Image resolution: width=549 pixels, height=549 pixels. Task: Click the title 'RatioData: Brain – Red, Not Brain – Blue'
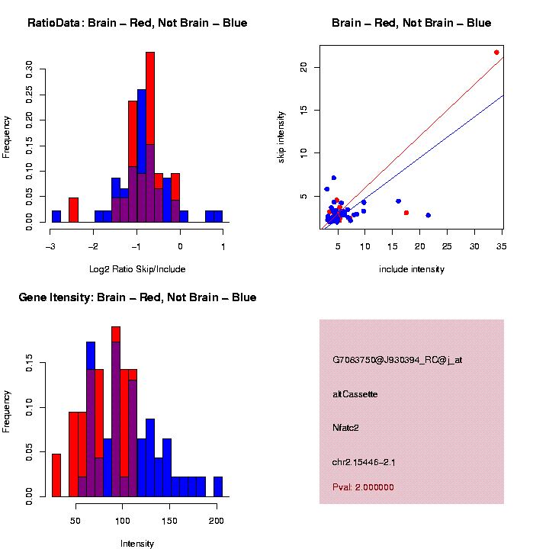[x=137, y=23]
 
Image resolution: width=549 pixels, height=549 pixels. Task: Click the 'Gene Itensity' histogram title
[x=137, y=297]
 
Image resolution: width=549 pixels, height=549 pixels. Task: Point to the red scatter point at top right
[x=496, y=53]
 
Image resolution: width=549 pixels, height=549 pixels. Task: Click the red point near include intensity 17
[x=406, y=213]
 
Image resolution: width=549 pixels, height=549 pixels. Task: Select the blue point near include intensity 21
[x=429, y=215]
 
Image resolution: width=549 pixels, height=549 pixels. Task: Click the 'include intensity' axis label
[x=412, y=269]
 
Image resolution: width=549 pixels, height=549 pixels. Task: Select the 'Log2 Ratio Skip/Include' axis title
[x=137, y=269]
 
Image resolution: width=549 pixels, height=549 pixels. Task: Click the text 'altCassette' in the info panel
[x=355, y=394]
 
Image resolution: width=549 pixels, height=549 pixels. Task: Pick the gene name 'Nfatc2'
[x=345, y=428]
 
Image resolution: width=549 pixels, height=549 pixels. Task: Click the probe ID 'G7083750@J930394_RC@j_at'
[x=397, y=360]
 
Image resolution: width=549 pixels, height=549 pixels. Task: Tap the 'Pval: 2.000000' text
[x=364, y=487]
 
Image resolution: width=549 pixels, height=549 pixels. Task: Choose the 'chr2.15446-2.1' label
[x=364, y=462]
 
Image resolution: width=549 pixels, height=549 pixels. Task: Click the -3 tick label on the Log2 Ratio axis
[x=50, y=246]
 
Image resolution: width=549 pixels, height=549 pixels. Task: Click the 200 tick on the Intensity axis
[x=217, y=521]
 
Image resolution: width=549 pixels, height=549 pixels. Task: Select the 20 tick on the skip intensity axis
[x=303, y=67]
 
